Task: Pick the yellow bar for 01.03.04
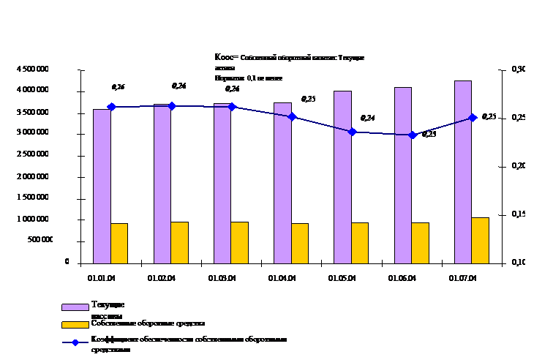(x=239, y=242)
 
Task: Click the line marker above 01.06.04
(x=413, y=135)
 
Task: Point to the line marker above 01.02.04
(x=172, y=106)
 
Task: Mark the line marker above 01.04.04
(x=292, y=116)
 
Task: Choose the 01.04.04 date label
(x=282, y=279)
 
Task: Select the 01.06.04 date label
(x=403, y=279)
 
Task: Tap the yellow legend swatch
(x=74, y=323)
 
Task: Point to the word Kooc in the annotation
(x=222, y=57)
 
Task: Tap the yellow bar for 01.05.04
(x=359, y=243)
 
